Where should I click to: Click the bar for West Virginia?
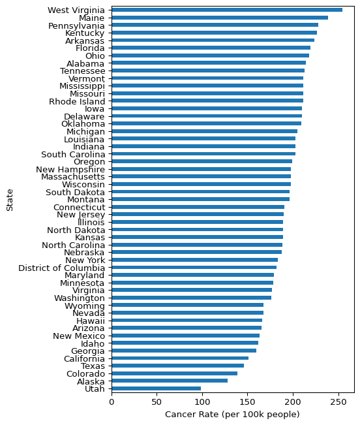coord(227,10)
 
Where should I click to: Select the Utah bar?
coord(156,388)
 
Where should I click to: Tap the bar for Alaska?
coord(170,381)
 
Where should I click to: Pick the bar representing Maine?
coord(220,18)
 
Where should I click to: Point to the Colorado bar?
coord(175,373)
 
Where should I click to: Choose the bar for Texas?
coord(178,366)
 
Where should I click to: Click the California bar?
coord(180,358)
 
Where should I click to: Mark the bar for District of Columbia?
coord(194,267)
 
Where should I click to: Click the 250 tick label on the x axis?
coord(338,401)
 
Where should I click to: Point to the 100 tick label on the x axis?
coord(202,401)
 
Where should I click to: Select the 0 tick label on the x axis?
coord(112,401)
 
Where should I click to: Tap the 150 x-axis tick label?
coord(248,401)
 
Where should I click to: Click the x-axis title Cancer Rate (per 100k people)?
coord(232,415)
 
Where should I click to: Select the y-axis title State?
coord(10,200)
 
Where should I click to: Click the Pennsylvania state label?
coord(76,25)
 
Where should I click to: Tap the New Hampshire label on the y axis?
coord(70,169)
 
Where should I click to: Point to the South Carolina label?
coord(73,154)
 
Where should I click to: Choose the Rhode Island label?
coord(77,101)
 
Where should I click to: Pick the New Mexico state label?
coord(79,336)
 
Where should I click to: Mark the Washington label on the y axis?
coord(80,298)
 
